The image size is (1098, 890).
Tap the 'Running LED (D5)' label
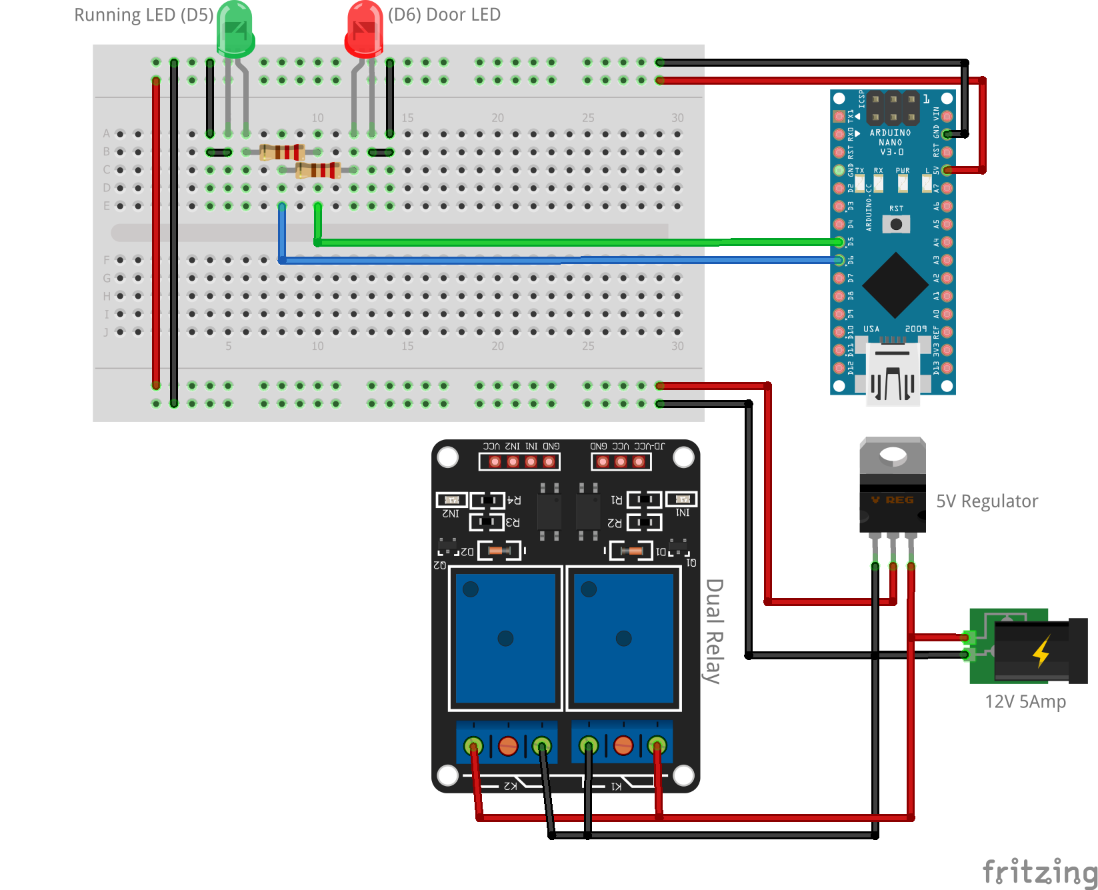[x=143, y=15]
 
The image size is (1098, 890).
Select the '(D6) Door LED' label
[x=444, y=15]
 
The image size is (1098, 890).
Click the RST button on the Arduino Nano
[x=896, y=224]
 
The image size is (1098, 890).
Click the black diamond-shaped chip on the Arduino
[x=895, y=285]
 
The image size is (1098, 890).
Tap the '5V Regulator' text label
[x=987, y=501]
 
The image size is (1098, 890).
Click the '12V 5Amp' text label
[x=1025, y=701]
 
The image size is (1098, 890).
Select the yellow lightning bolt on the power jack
[x=1041, y=651]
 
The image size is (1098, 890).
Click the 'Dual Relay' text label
[x=714, y=631]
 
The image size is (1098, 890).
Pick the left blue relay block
[x=506, y=638]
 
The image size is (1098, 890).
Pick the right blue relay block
[x=623, y=638]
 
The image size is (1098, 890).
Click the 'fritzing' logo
[x=1040, y=871]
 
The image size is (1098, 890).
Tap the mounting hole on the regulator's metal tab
[x=893, y=455]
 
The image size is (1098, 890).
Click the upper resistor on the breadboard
[x=282, y=152]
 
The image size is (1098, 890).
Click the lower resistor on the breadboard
[x=318, y=170]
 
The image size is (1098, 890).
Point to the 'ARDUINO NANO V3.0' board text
[x=891, y=142]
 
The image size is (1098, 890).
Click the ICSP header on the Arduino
[x=893, y=108]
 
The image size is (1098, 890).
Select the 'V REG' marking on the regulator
[x=892, y=500]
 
